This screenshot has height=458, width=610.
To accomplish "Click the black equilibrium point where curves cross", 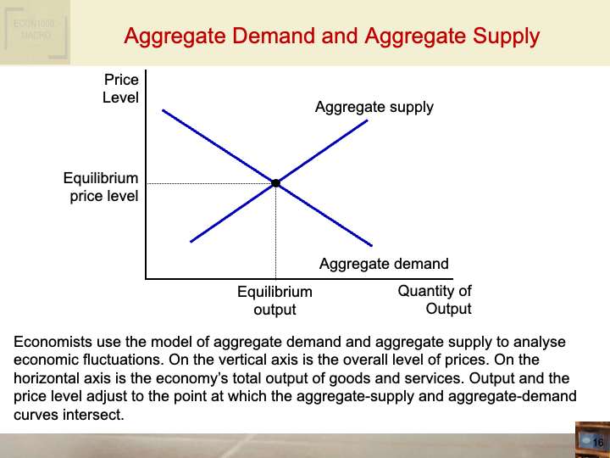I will coord(275,182).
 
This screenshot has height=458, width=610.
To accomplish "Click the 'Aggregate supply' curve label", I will coord(374,107).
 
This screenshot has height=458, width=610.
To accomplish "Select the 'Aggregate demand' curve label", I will coord(384,264).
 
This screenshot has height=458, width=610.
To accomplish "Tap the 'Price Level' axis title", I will coord(121,88).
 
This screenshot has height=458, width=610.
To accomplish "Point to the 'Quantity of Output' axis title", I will coord(435,299).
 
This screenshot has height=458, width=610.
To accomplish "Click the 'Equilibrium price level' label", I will coord(101,187).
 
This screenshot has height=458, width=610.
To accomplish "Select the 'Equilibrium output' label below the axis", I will coord(274,300).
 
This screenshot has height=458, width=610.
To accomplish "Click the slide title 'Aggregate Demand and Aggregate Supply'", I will coord(331,36).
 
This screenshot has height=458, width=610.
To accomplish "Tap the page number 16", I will coord(597,443).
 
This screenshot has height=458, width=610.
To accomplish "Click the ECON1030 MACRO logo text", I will coord(34,30).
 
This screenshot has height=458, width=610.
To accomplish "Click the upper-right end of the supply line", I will coord(367,120).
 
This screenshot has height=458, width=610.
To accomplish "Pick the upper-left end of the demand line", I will coord(163,110).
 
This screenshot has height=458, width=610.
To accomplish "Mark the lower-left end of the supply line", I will coord(191,241).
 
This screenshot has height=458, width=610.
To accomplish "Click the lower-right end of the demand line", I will coord(374,245).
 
